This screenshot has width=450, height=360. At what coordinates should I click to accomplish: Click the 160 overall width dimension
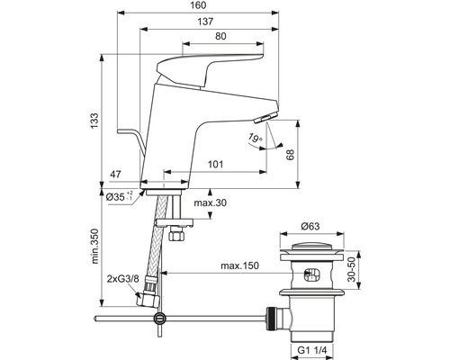pyautogui.click(x=198, y=5)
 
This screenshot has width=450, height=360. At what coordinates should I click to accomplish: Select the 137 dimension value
pyautogui.click(x=205, y=22)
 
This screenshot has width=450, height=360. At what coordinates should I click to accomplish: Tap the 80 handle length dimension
pyautogui.click(x=220, y=36)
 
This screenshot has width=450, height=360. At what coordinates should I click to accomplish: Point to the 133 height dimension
pyautogui.click(x=94, y=121)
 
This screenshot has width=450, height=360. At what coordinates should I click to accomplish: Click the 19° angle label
pyautogui.click(x=255, y=138)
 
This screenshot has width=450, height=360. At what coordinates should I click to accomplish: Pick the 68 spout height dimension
pyautogui.click(x=291, y=154)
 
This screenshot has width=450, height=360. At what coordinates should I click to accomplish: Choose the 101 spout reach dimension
pyautogui.click(x=215, y=165)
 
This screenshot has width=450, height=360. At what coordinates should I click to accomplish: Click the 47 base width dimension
pyautogui.click(x=115, y=175)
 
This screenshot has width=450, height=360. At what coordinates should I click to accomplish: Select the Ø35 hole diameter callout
pyautogui.click(x=120, y=196)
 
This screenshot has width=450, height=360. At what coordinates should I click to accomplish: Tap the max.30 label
pyautogui.click(x=210, y=202)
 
